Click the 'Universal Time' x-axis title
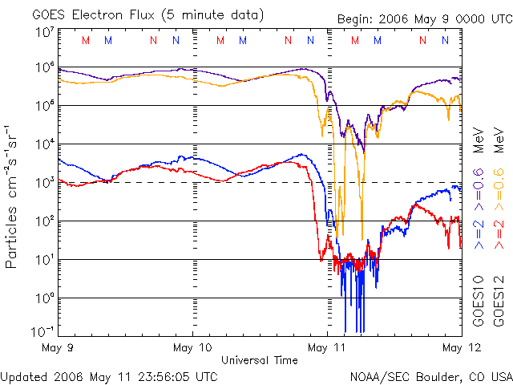(x=259, y=360)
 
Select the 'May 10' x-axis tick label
(x=192, y=347)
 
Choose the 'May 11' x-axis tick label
(x=326, y=347)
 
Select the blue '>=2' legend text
(x=478, y=232)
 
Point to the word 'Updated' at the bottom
(x=24, y=375)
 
